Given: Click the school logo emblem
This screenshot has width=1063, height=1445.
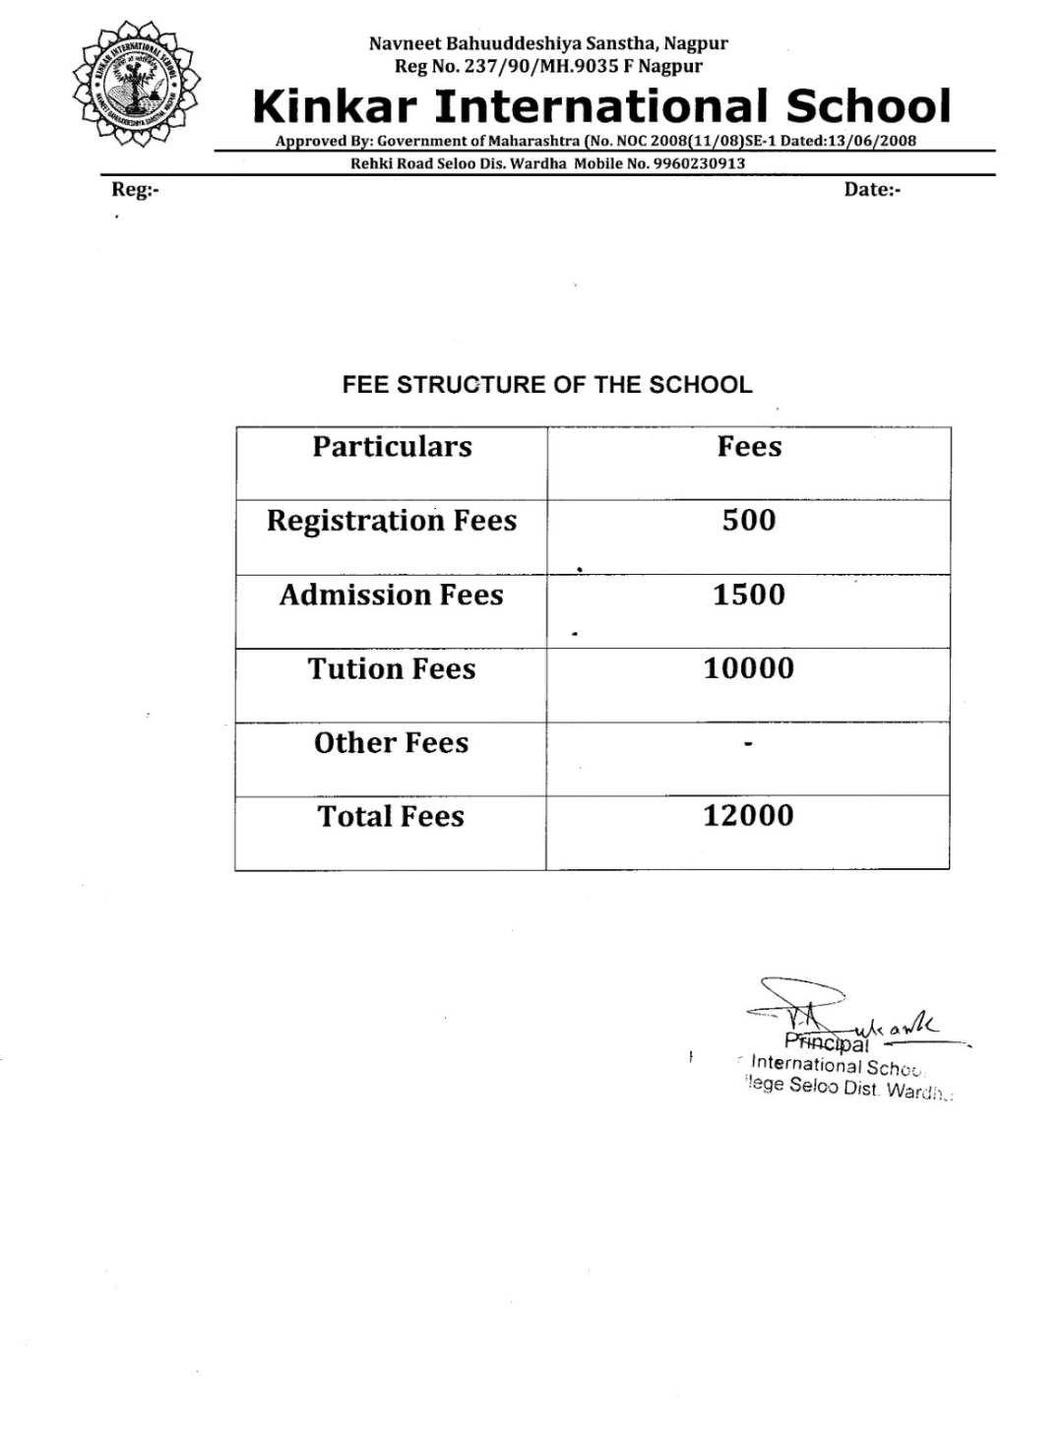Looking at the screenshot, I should click(137, 84).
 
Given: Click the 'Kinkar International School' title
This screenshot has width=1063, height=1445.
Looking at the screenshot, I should click(601, 106).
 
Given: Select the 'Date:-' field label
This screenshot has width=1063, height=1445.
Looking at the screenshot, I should click(872, 190).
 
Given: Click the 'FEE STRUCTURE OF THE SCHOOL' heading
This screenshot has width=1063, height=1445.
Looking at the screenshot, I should click(547, 385).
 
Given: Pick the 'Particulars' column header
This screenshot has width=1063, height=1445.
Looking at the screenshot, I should click(392, 447).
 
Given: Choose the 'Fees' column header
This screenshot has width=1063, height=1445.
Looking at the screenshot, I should click(749, 447).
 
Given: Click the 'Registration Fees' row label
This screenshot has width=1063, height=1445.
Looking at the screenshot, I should click(392, 521).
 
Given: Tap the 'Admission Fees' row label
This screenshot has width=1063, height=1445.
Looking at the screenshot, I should click(392, 595).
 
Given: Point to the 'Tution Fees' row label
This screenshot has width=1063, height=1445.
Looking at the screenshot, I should click(392, 669).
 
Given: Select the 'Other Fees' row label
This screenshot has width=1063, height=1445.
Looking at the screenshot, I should click(392, 743).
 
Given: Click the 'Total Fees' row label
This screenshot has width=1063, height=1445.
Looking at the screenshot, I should click(392, 816).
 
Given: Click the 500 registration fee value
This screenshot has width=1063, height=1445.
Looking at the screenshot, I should click(749, 520).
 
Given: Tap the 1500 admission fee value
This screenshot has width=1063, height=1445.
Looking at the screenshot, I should click(749, 595).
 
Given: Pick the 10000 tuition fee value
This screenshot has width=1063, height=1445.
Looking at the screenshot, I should click(748, 668).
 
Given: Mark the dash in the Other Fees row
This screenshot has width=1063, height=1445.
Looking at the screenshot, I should click(748, 744).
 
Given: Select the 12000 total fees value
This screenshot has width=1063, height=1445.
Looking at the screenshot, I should click(748, 815).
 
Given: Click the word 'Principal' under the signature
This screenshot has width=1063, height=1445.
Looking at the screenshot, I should click(827, 1043).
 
